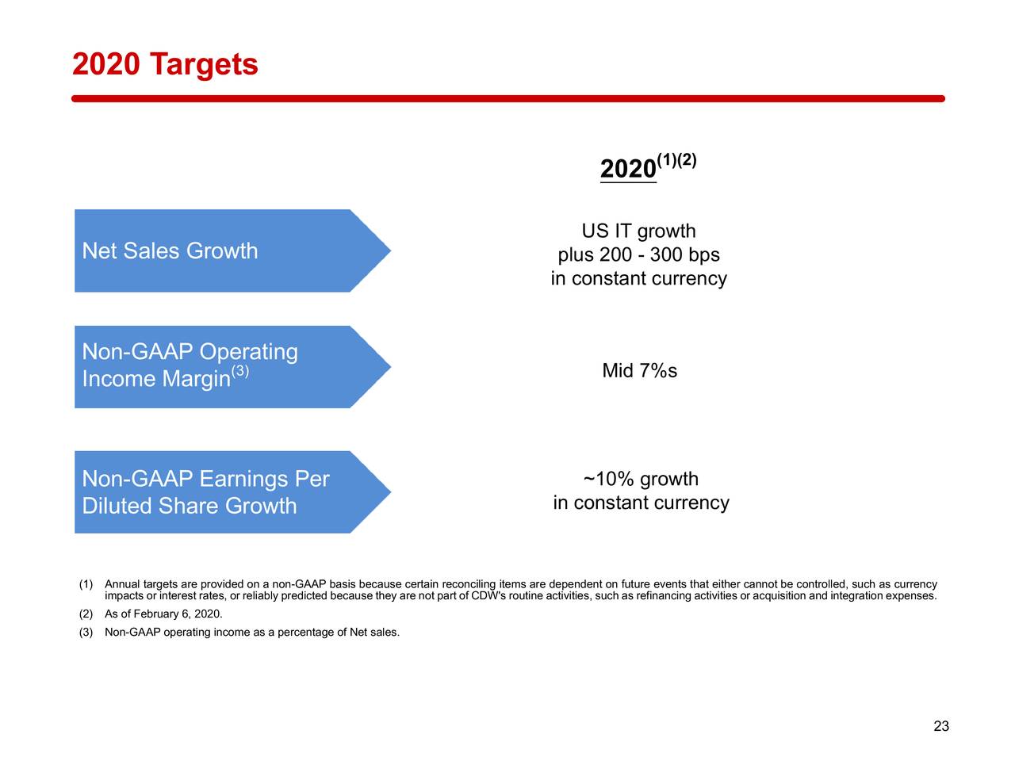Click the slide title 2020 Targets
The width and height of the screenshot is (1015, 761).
pyautogui.click(x=165, y=64)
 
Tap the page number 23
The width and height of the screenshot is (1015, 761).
pyautogui.click(x=941, y=726)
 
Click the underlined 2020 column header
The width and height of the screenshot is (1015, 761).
pyautogui.click(x=627, y=169)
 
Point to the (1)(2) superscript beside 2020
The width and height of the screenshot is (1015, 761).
pyautogui.click(x=676, y=160)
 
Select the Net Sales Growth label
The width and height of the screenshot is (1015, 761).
pyautogui.click(x=170, y=251)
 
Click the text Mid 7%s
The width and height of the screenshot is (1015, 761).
pyautogui.click(x=639, y=371)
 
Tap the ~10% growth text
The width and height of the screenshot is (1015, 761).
pyautogui.click(x=641, y=479)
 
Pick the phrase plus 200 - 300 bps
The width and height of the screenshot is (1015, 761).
pyautogui.click(x=638, y=255)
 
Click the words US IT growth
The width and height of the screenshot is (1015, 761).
pyautogui.click(x=638, y=231)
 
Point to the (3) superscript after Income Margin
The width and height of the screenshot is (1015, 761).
pyautogui.click(x=240, y=371)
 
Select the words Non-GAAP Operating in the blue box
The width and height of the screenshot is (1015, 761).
pyautogui.click(x=190, y=352)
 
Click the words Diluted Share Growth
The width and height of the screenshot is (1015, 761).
pyautogui.click(x=189, y=506)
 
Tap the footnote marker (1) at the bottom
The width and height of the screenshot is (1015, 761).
pyautogui.click(x=86, y=585)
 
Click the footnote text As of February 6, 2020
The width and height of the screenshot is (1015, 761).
pyautogui.click(x=163, y=614)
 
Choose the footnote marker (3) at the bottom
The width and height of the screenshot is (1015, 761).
pyautogui.click(x=86, y=633)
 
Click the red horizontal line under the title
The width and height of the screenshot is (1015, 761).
pyautogui.click(x=507, y=99)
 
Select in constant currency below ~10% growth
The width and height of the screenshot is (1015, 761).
pyautogui.click(x=641, y=503)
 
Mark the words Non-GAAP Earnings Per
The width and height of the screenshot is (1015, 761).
pyautogui.click(x=205, y=480)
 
